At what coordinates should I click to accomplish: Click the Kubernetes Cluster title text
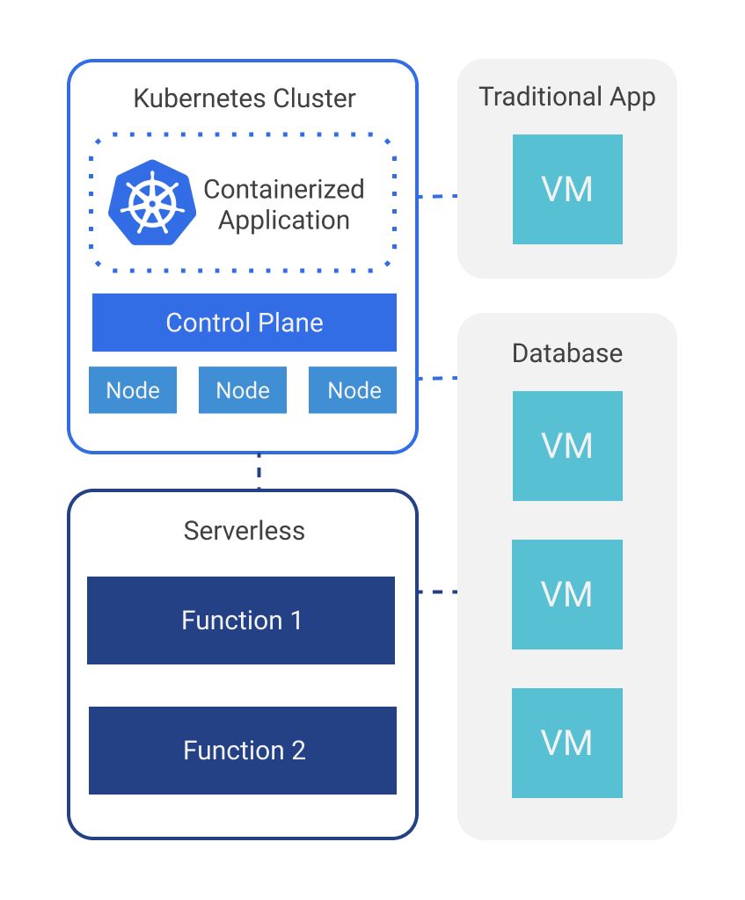pyautogui.click(x=245, y=98)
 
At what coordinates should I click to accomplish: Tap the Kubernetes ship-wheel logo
pyautogui.click(x=152, y=203)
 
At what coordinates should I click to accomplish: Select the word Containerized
pyautogui.click(x=284, y=190)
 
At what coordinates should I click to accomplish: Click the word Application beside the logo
pyautogui.click(x=284, y=221)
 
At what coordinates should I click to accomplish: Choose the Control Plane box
pyautogui.click(x=245, y=323)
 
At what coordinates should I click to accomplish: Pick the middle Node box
pyautogui.click(x=243, y=390)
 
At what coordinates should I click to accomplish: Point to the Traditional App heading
pyautogui.click(x=567, y=98)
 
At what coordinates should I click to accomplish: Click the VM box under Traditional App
pyautogui.click(x=567, y=190)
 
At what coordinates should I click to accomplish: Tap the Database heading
pyautogui.click(x=567, y=353)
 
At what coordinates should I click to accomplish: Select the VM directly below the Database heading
pyautogui.click(x=567, y=446)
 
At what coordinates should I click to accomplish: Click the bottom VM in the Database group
pyautogui.click(x=567, y=743)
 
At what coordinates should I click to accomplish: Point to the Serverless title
pyautogui.click(x=245, y=531)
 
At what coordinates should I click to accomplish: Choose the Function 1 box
pyautogui.click(x=241, y=621)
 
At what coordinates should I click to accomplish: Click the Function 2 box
pyautogui.click(x=243, y=751)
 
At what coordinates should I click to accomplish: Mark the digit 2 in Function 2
pyautogui.click(x=299, y=751)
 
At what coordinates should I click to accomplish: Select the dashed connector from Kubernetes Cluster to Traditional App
pyautogui.click(x=438, y=196)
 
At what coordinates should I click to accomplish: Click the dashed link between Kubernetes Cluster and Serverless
pyautogui.click(x=259, y=471)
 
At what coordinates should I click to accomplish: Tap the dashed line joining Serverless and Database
pyautogui.click(x=438, y=592)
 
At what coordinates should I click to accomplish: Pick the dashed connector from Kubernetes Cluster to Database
pyautogui.click(x=438, y=378)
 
